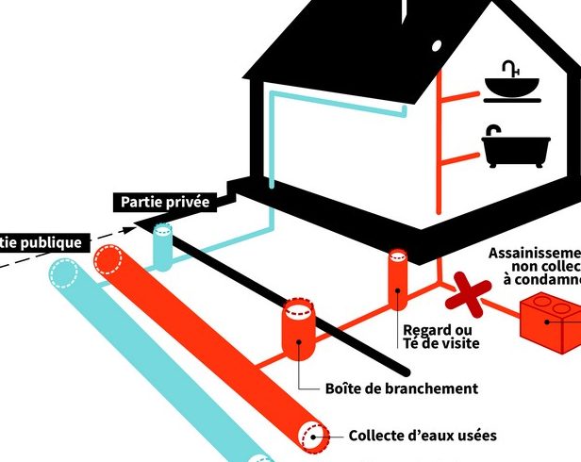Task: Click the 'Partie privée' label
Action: (x=163, y=201)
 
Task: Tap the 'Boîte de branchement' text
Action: (x=401, y=388)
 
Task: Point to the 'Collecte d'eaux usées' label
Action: (x=422, y=436)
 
